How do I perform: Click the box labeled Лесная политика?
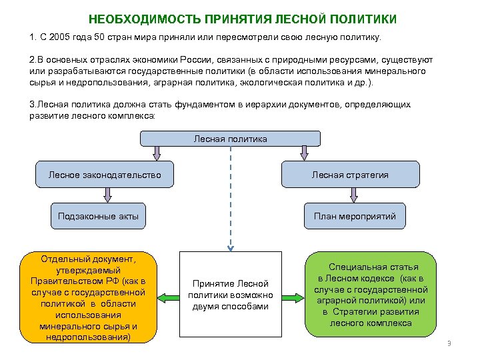pyautogui.click(x=230, y=139)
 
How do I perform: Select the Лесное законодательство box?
pyautogui.click(x=105, y=175)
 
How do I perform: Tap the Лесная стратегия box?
pyautogui.click(x=350, y=175)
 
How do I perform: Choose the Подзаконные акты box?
pyautogui.click(x=98, y=216)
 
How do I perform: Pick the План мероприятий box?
pyautogui.click(x=355, y=216)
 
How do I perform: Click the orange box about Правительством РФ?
pyautogui.click(x=88, y=297)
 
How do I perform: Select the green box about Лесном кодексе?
pyautogui.click(x=371, y=294)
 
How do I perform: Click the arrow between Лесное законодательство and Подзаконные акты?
pyautogui.click(x=105, y=195)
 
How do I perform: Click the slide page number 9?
pyautogui.click(x=449, y=344)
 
